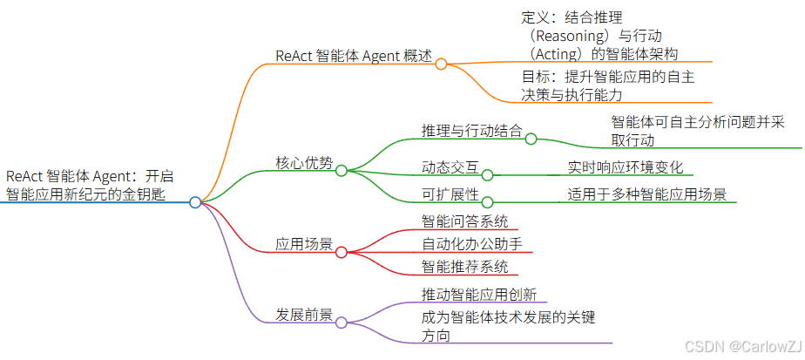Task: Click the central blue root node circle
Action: pos(195,202)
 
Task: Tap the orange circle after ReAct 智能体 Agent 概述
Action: pos(441,64)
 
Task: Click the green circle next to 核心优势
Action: pos(342,171)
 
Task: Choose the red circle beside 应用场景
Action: pos(342,253)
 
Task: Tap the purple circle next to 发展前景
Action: pos(342,323)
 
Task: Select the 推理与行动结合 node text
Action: pos(471,131)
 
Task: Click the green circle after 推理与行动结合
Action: pos(530,138)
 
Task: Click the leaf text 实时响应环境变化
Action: pos(626,166)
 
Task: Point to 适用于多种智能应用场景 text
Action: pos(647,194)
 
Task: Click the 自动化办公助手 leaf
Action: pos(471,243)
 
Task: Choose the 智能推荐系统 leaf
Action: pos(464,267)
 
